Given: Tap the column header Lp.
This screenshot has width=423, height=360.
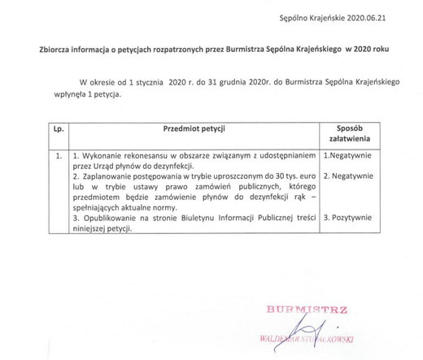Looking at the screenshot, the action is [x=56, y=129].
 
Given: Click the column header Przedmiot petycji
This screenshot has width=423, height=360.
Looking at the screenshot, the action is [x=192, y=129].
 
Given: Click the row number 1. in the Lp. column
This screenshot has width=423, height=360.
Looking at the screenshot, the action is [x=55, y=154].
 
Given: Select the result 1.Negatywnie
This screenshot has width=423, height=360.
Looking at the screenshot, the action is [x=348, y=154].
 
